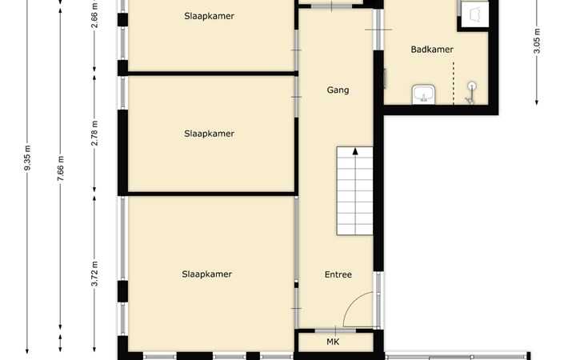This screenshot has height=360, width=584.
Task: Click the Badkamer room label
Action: [x=432, y=49]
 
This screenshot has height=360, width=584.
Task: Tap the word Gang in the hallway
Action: [x=338, y=90]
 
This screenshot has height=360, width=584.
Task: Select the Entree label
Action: [x=338, y=274]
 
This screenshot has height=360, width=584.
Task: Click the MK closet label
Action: [x=333, y=342]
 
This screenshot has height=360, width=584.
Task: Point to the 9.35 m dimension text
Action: [x=27, y=158]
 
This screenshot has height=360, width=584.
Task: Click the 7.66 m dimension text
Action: [x=61, y=169]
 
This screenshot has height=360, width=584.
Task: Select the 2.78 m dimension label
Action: [x=95, y=133]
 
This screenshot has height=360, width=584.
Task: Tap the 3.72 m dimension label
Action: [x=95, y=274]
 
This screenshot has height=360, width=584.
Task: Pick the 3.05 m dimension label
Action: [x=537, y=41]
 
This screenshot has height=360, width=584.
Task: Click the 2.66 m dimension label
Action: [x=95, y=15]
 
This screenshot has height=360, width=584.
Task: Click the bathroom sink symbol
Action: [x=423, y=94]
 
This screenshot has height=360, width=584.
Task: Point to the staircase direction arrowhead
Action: [x=355, y=151]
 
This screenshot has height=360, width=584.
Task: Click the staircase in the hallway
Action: [x=354, y=190]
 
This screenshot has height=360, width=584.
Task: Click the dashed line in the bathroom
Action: [x=454, y=83]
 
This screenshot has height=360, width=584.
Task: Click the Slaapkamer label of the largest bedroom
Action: [x=206, y=274]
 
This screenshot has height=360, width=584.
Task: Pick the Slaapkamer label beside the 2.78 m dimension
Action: [x=209, y=134]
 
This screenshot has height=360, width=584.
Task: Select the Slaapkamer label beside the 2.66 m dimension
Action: [x=209, y=16]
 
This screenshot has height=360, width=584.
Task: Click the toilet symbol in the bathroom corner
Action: [x=475, y=15]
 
